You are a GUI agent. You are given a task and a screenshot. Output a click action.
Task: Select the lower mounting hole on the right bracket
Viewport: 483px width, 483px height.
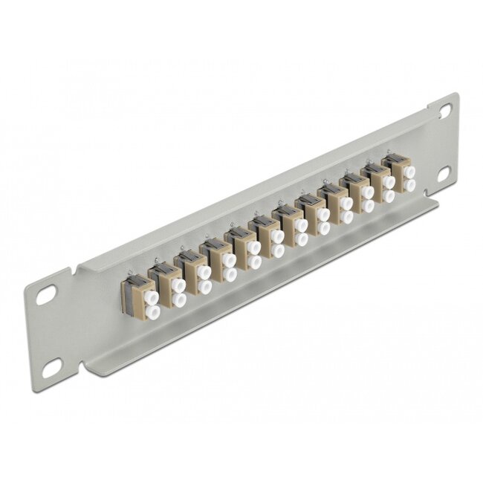point(444,172)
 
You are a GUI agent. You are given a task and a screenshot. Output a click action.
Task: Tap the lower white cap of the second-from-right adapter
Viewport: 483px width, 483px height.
point(388,195)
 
